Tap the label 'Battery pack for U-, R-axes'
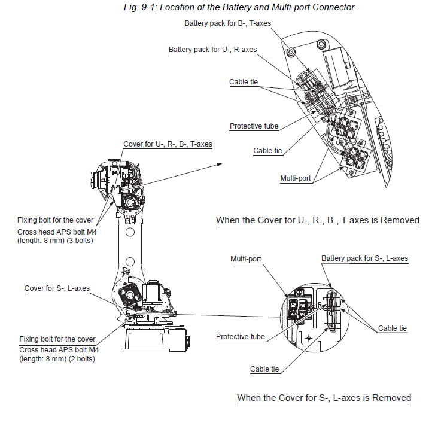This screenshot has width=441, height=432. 213,50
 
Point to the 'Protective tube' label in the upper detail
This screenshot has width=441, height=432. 254,126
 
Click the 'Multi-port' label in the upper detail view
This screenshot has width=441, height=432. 296,178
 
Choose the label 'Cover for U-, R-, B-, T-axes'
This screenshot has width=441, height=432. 168,144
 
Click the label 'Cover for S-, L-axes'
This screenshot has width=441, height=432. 57,288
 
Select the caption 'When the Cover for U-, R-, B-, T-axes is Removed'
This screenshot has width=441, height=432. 317,221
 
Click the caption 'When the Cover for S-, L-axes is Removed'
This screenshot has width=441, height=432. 324,398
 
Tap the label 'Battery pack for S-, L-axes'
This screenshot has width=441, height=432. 364,258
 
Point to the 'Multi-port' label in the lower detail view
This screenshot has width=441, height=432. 246,259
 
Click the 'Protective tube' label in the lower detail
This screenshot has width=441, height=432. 240,337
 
